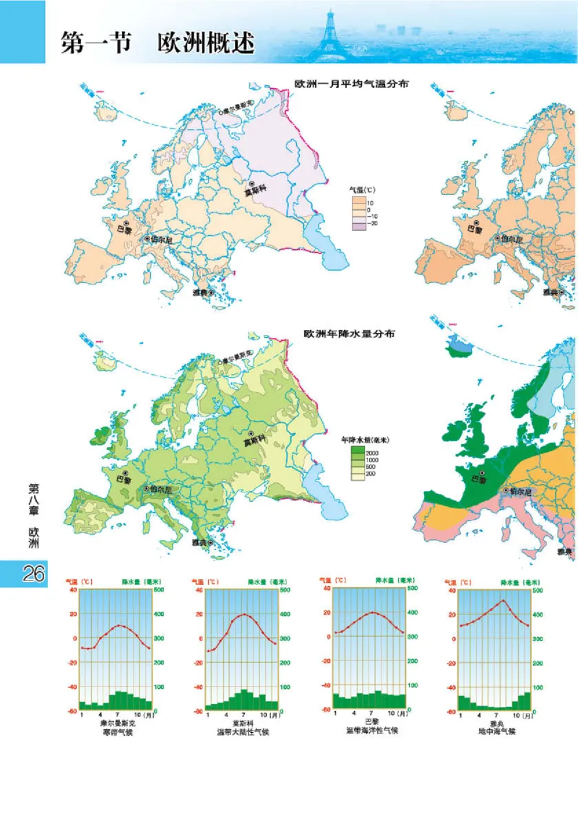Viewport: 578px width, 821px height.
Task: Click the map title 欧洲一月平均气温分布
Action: click(x=352, y=84)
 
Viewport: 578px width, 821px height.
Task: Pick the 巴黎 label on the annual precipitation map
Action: click(x=124, y=479)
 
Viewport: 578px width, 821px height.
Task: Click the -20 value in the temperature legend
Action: click(x=372, y=225)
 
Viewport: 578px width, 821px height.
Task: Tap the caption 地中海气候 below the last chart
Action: click(x=497, y=731)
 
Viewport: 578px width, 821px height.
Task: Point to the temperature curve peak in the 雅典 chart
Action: click(x=503, y=600)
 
